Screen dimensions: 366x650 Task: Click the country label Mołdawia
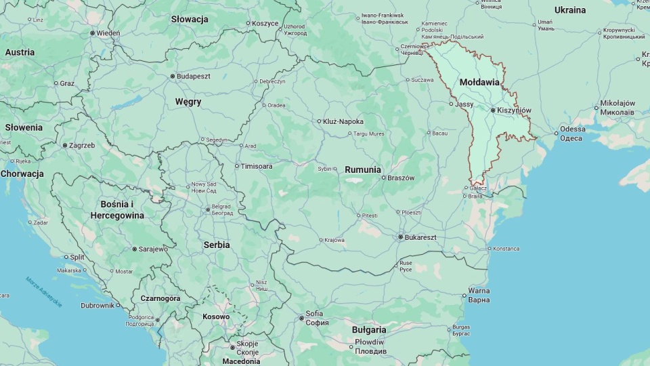click(x=479, y=82)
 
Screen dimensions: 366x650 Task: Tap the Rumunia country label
click(x=362, y=169)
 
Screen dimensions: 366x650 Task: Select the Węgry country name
click(x=188, y=102)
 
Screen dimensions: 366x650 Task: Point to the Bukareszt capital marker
click(x=400, y=237)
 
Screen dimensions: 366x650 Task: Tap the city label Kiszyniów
click(x=514, y=110)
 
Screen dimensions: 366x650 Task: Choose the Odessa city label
click(x=572, y=129)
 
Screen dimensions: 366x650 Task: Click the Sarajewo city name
click(x=153, y=249)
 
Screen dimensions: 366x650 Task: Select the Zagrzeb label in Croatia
click(x=82, y=145)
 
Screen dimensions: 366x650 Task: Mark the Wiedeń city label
click(x=108, y=33)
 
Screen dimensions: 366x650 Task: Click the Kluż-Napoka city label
click(x=343, y=121)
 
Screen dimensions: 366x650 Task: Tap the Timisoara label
click(x=257, y=166)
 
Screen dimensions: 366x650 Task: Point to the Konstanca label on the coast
click(x=506, y=249)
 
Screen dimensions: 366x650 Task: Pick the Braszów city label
click(x=401, y=178)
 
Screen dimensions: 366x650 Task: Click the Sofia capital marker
click(x=302, y=318)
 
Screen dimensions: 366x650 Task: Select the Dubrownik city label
click(x=97, y=306)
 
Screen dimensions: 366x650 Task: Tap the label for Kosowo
click(x=216, y=317)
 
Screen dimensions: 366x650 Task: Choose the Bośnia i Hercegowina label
click(x=117, y=209)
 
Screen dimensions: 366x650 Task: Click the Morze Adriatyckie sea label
click(x=44, y=292)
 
